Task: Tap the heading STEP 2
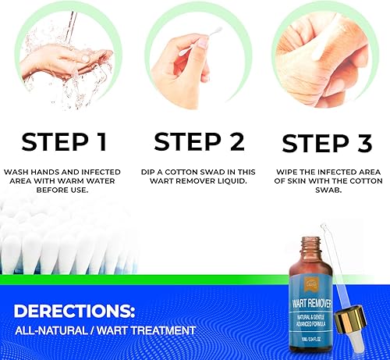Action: click(x=199, y=142)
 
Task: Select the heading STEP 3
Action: click(x=327, y=144)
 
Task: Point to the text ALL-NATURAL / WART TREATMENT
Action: click(x=104, y=331)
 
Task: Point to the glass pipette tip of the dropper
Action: click(x=351, y=351)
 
